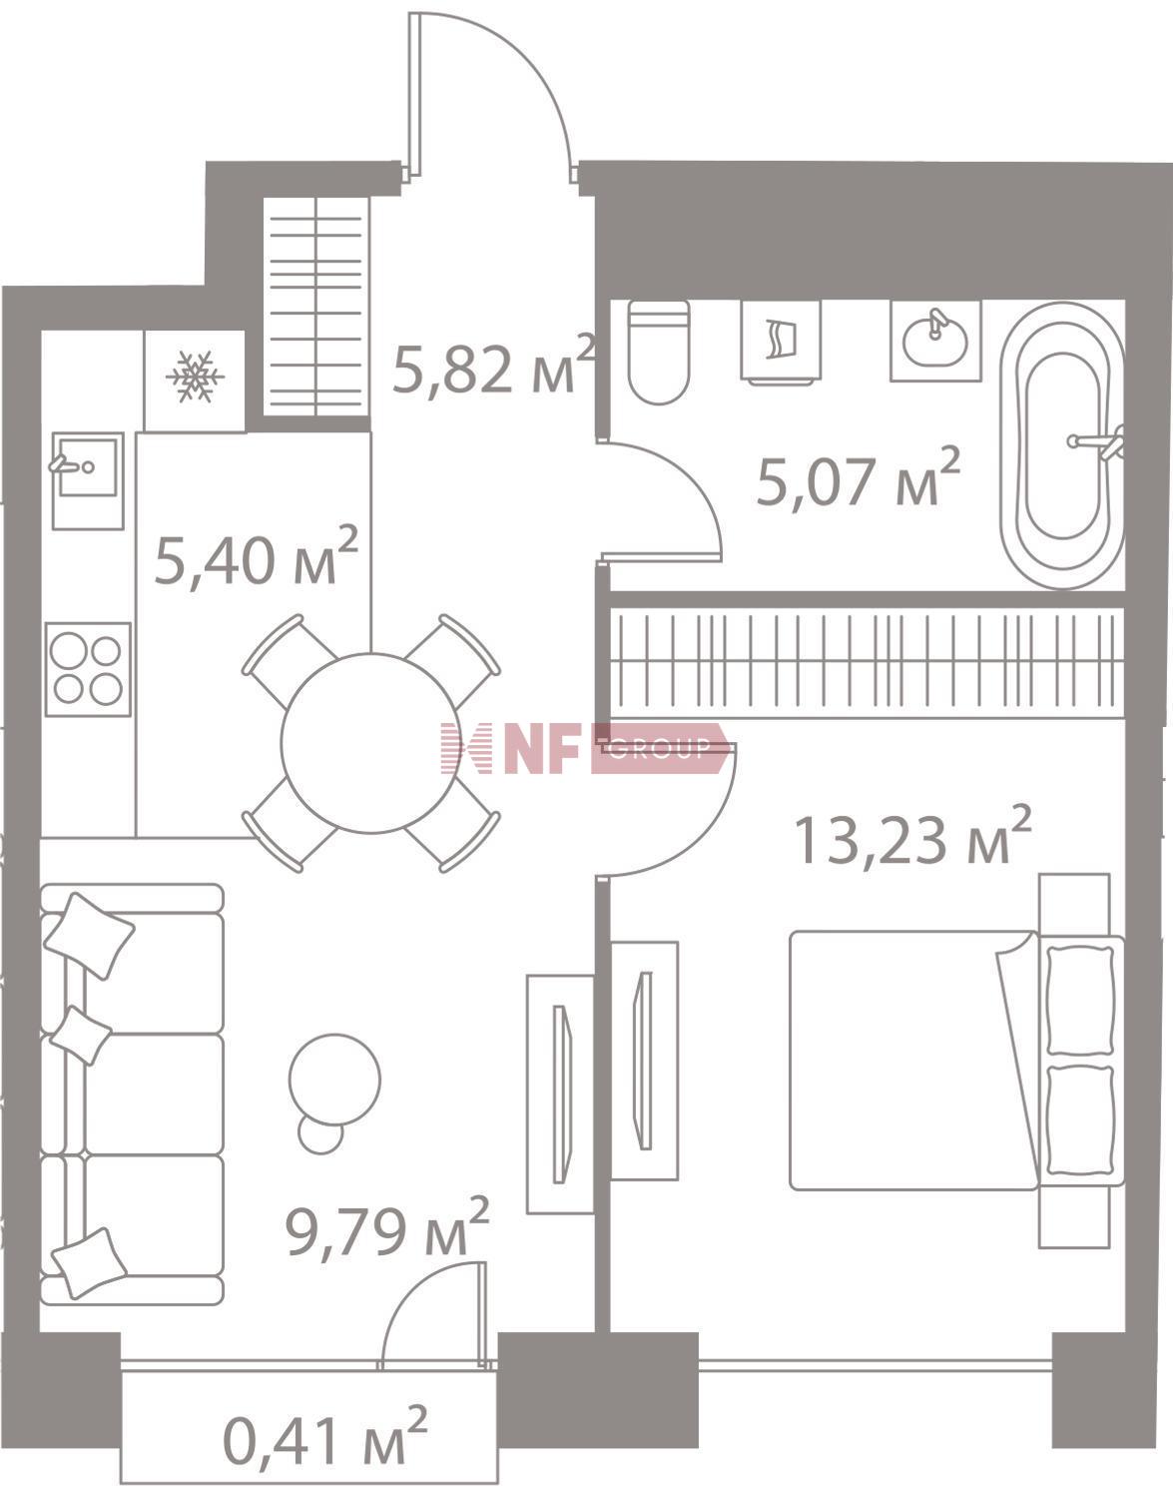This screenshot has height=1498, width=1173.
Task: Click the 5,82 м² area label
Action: point(493,367)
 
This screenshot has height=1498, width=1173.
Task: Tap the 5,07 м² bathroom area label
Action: point(858,476)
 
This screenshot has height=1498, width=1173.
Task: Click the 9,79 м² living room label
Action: point(387,1227)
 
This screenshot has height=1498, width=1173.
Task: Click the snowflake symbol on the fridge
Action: point(195,376)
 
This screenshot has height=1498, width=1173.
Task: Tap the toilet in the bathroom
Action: point(659,352)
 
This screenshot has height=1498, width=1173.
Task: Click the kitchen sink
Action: point(88,479)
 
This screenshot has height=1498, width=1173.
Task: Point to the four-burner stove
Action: point(88,669)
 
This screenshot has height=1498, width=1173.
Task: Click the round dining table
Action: point(370,742)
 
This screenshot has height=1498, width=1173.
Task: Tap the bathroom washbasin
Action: point(935,341)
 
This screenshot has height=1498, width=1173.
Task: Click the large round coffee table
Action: point(334,1079)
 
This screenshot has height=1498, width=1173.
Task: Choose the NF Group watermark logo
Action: point(584,748)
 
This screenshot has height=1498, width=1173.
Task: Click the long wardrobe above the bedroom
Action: point(867,660)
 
